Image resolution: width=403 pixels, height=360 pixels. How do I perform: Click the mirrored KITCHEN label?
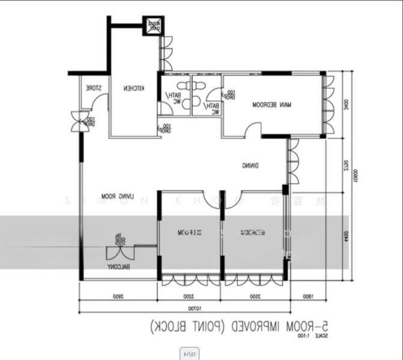[134, 89]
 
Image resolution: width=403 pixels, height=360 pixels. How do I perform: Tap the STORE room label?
[93, 89]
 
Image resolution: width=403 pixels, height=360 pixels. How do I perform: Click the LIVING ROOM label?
[117, 196]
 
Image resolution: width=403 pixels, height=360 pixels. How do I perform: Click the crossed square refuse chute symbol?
[154, 26]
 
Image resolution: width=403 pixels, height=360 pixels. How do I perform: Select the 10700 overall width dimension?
[192, 309]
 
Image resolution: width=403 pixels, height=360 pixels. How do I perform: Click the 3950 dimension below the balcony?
[118, 296]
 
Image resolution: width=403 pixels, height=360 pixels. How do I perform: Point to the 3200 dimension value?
[189, 296]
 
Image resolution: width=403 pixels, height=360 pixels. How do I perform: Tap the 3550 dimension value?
[253, 296]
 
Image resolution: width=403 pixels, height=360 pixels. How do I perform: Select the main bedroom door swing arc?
[255, 130]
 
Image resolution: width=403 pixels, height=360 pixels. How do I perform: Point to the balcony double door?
[118, 245]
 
